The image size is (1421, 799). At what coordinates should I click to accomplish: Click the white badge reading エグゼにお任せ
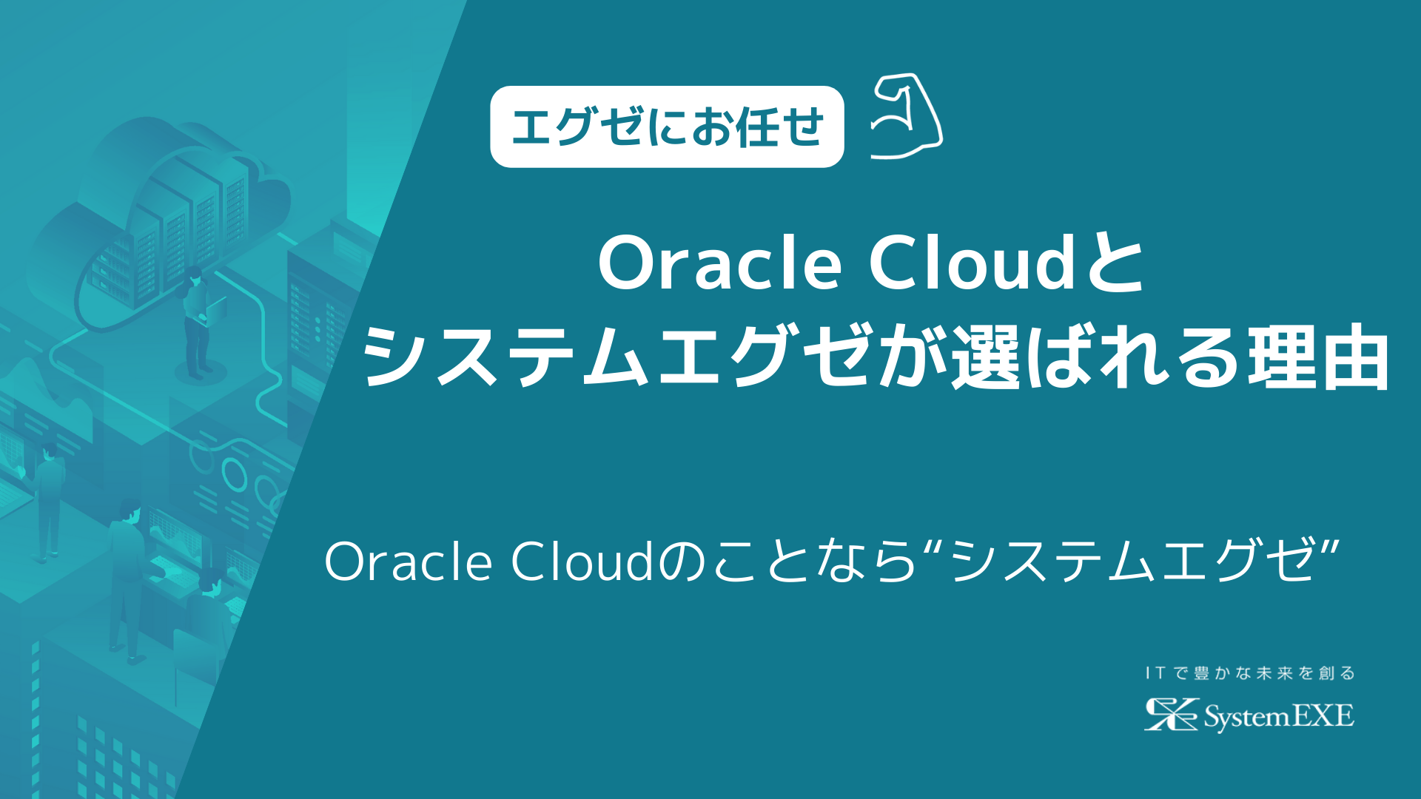666,127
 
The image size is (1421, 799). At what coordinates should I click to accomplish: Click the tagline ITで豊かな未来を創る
1249,673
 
